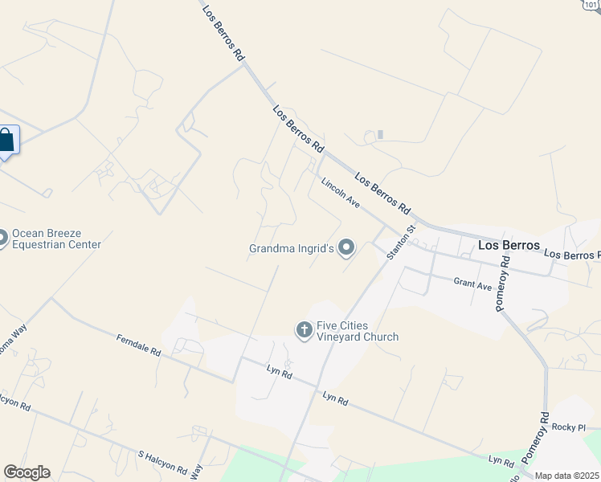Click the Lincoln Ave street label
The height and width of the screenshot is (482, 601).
click(340, 193)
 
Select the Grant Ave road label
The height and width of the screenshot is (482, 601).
click(472, 284)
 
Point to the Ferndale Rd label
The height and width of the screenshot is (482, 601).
click(138, 346)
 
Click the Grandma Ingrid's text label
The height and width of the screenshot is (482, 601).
click(290, 249)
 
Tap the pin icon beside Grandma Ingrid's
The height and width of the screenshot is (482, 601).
click(346, 248)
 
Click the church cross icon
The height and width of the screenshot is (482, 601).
click(304, 329)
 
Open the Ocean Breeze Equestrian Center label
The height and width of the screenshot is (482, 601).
click(56, 239)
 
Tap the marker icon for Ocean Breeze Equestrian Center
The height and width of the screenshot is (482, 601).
click(2, 238)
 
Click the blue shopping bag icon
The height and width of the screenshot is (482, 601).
click(6, 141)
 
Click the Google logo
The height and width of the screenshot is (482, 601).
click(27, 472)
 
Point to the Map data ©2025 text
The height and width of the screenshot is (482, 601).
click(566, 476)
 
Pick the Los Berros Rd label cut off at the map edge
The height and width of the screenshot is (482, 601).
click(572, 255)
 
